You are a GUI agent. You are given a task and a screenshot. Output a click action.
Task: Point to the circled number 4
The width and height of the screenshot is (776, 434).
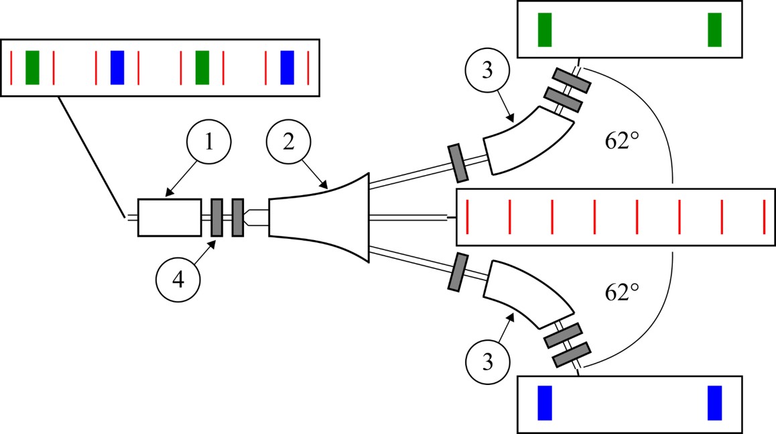[178, 281]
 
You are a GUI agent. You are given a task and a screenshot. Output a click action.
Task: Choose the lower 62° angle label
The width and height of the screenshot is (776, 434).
[621, 292]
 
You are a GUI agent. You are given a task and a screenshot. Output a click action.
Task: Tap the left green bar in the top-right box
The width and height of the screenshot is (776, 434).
[545, 30]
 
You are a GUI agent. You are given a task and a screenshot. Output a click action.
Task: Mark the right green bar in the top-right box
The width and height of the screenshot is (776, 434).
[715, 30]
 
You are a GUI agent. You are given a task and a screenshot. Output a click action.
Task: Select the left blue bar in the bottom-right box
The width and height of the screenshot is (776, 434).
[545, 402]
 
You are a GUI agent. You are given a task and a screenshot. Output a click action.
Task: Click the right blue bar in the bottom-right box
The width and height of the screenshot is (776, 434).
[715, 402]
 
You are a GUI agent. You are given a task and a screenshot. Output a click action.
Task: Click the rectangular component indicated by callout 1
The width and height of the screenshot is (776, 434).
[170, 217]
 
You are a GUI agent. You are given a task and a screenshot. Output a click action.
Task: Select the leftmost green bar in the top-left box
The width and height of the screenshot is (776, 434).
[32, 68]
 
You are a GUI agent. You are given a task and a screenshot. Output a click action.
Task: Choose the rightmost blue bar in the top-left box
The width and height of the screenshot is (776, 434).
[287, 68]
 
